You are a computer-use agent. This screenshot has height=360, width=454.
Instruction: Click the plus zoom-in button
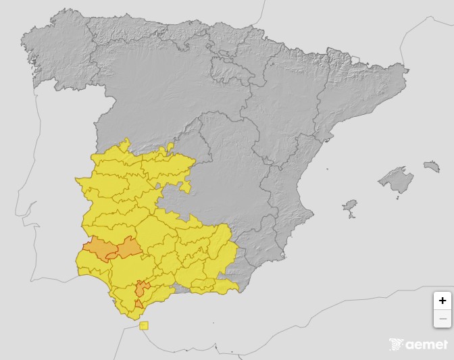click(x=443, y=301)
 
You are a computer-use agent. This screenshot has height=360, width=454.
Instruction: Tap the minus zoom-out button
click(x=443, y=318)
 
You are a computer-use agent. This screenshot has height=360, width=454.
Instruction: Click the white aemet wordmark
click(x=426, y=344)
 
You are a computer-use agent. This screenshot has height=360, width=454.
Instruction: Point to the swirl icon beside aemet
click(x=397, y=344)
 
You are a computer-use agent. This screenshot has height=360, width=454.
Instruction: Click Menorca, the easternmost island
click(x=432, y=166)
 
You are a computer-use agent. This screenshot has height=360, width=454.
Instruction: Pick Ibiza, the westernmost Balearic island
click(x=349, y=205)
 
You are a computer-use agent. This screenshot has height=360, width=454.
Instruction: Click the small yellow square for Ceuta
click(x=144, y=326)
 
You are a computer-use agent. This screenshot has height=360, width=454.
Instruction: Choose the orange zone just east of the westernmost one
click(x=128, y=249)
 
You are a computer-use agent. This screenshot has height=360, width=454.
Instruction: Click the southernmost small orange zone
click(x=138, y=305)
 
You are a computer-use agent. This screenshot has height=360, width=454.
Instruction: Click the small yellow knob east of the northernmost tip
click(x=172, y=145)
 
